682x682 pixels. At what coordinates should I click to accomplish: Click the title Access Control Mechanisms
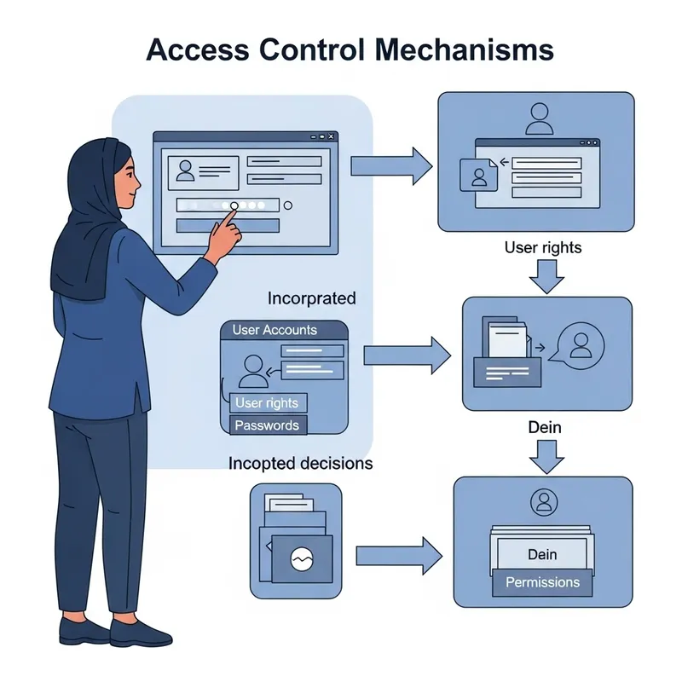tap(350, 49)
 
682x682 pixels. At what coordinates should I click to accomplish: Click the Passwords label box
tap(267, 425)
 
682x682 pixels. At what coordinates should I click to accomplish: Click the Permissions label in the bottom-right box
tap(542, 583)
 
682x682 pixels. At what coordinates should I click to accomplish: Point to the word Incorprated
tap(311, 299)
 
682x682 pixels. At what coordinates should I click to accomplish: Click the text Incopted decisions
tap(300, 464)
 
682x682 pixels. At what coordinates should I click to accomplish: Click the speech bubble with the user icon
tap(580, 345)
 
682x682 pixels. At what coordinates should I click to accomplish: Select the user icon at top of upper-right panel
tap(539, 118)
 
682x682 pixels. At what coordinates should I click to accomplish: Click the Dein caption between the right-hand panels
tap(544, 427)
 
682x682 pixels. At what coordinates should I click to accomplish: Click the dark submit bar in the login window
tap(227, 225)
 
